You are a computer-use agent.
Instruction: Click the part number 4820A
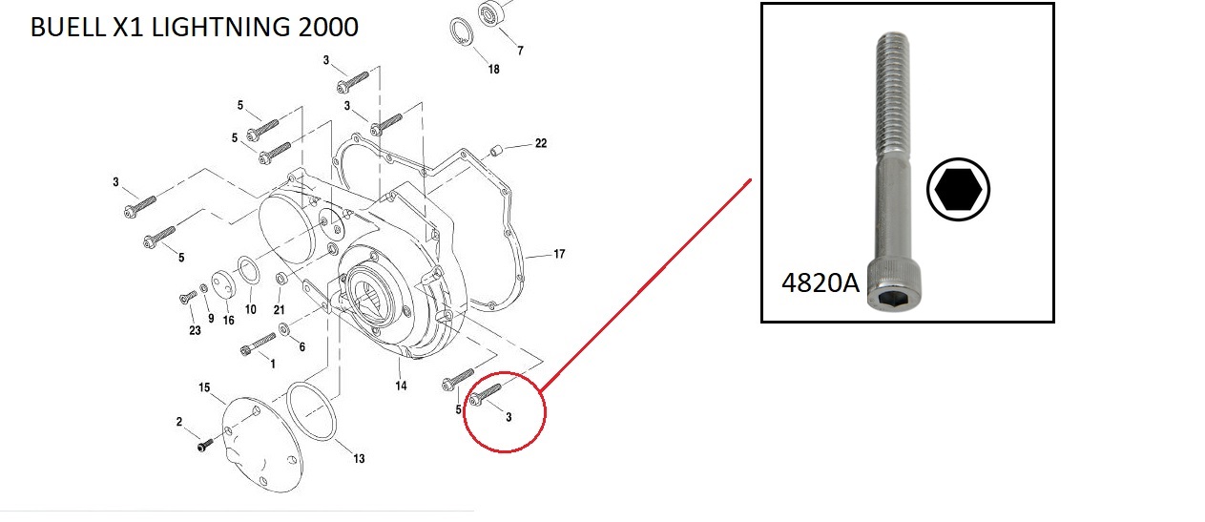[x=821, y=282]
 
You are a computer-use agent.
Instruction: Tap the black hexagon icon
[x=959, y=189]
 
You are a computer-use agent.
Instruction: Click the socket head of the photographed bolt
[x=893, y=284]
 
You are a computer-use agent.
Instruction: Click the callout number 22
[x=541, y=143]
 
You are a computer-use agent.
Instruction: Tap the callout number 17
[x=559, y=254]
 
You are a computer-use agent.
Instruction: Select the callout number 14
[x=401, y=386]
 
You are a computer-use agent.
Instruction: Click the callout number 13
[x=359, y=458]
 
